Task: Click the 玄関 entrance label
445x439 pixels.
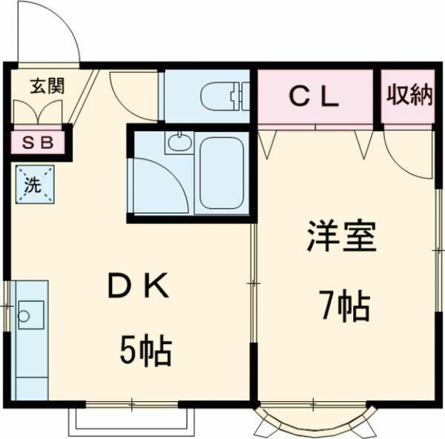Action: pos(47,86)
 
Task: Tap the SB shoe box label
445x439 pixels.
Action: pos(38,143)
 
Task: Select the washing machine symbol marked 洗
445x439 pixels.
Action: pos(35,185)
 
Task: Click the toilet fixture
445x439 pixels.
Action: pos(225,96)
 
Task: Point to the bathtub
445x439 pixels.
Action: pos(222,174)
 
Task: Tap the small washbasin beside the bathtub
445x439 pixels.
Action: pos(179,142)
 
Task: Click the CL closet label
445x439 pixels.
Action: pos(314,97)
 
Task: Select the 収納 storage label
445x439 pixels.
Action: pos(409,94)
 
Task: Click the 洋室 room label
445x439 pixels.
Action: pos(341,236)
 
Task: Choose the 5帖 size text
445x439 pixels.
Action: pos(146,350)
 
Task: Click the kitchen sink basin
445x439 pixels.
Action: pos(31,315)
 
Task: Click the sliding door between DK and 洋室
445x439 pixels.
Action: pos(254,283)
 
